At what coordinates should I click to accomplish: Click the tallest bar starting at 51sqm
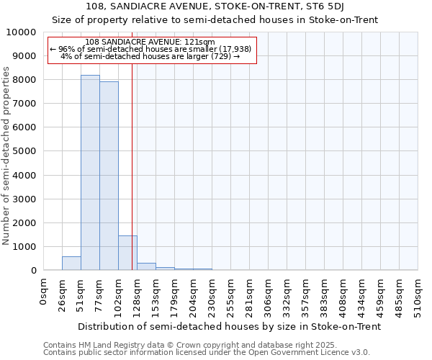[x=90, y=173]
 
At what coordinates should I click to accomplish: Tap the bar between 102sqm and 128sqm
[x=127, y=253]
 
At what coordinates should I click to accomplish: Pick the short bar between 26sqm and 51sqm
[x=71, y=264]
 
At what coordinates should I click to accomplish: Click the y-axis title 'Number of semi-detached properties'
[x=7, y=156]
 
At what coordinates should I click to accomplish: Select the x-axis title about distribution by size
[x=229, y=326]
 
